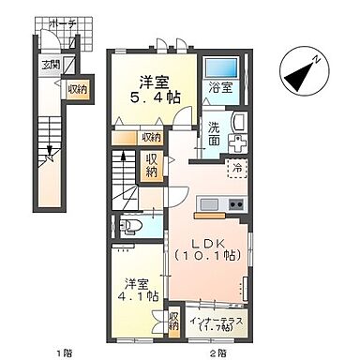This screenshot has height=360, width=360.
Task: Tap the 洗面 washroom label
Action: pyautogui.click(x=214, y=133)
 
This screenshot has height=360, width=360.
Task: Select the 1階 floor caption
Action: pyautogui.click(x=63, y=352)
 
